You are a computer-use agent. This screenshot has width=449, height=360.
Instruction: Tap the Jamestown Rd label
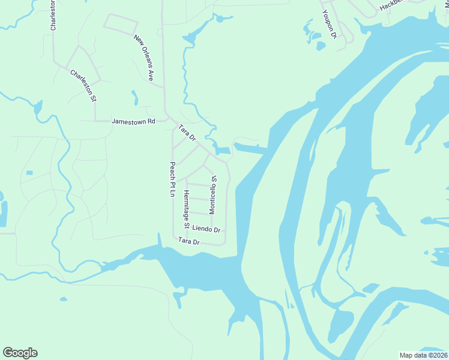(x=133, y=121)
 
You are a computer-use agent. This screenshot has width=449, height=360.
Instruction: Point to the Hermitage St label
(x=187, y=210)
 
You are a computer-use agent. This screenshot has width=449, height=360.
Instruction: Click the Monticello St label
(x=212, y=194)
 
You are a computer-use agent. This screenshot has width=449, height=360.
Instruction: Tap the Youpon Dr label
(x=328, y=24)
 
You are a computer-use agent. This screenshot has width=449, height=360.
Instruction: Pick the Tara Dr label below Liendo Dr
(x=188, y=241)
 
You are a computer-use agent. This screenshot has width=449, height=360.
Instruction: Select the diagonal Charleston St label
(x=83, y=86)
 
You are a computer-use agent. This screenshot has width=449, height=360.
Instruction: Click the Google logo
(x=20, y=353)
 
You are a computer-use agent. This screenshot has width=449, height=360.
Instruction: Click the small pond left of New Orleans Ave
(x=135, y=97)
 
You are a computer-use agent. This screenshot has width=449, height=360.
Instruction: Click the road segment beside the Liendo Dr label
(x=207, y=223)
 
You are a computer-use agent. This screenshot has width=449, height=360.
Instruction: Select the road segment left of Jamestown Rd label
(x=96, y=121)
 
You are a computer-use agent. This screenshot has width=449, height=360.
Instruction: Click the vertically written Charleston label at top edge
(x=53, y=15)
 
